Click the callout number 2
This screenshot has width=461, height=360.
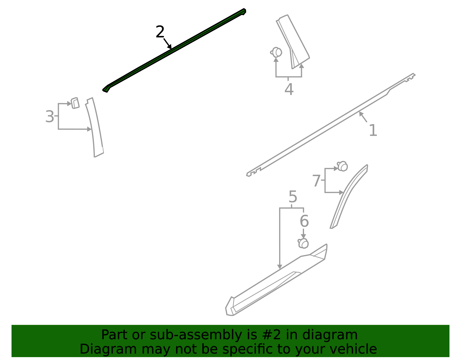click(x=160, y=32)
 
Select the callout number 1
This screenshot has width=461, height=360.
click(x=373, y=130)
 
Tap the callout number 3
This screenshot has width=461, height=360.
click(x=50, y=116)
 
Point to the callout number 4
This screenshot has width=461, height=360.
click(x=289, y=89)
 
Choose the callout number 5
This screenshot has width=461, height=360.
click(x=293, y=197)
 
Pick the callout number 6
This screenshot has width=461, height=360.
click(x=304, y=220)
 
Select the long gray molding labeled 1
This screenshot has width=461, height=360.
click(x=331, y=125)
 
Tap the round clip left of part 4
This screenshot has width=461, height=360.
click(x=276, y=52)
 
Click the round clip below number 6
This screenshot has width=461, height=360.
click(x=303, y=243)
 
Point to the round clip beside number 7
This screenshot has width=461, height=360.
click(x=342, y=166)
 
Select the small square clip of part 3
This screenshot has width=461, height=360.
click(x=75, y=103)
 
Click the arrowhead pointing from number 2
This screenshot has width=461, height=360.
click(x=169, y=47)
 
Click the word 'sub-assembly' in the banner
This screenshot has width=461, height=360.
click(x=196, y=335)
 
